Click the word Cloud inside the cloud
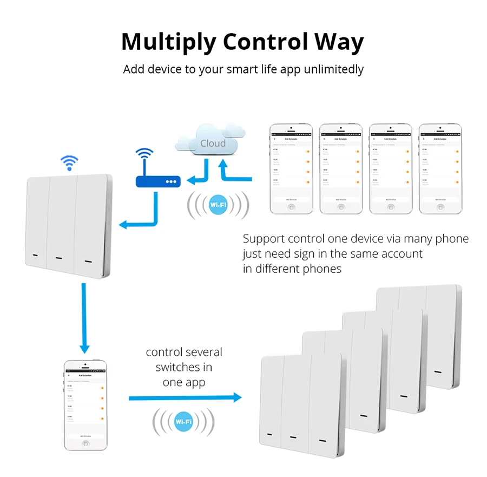coord(213,143)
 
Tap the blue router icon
coord(157,181)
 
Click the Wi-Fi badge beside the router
coord(218,204)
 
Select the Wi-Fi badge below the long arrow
coord(183,422)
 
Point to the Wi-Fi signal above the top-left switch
coord(69,161)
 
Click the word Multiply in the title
coord(168,42)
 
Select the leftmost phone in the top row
coord(292,168)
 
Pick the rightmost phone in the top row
coord(440,168)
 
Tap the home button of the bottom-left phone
coord(85,443)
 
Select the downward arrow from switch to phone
coord(84,317)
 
